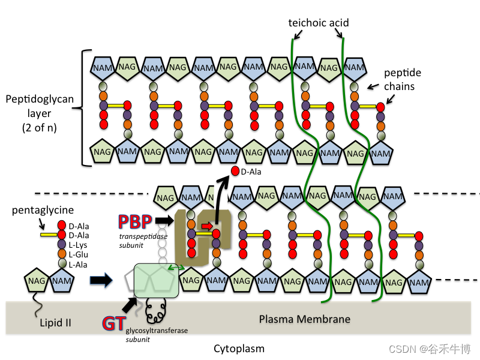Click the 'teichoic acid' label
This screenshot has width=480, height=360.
pos(319,23)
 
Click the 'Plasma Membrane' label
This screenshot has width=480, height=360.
pos(304,319)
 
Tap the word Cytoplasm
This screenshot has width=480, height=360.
pos(239,349)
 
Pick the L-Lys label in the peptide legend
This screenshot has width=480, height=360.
pos(79,245)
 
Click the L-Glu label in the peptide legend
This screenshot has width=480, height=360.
pos(79,255)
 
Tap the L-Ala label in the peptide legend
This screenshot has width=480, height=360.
pos(79,265)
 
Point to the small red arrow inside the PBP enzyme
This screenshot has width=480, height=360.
pos(205,226)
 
